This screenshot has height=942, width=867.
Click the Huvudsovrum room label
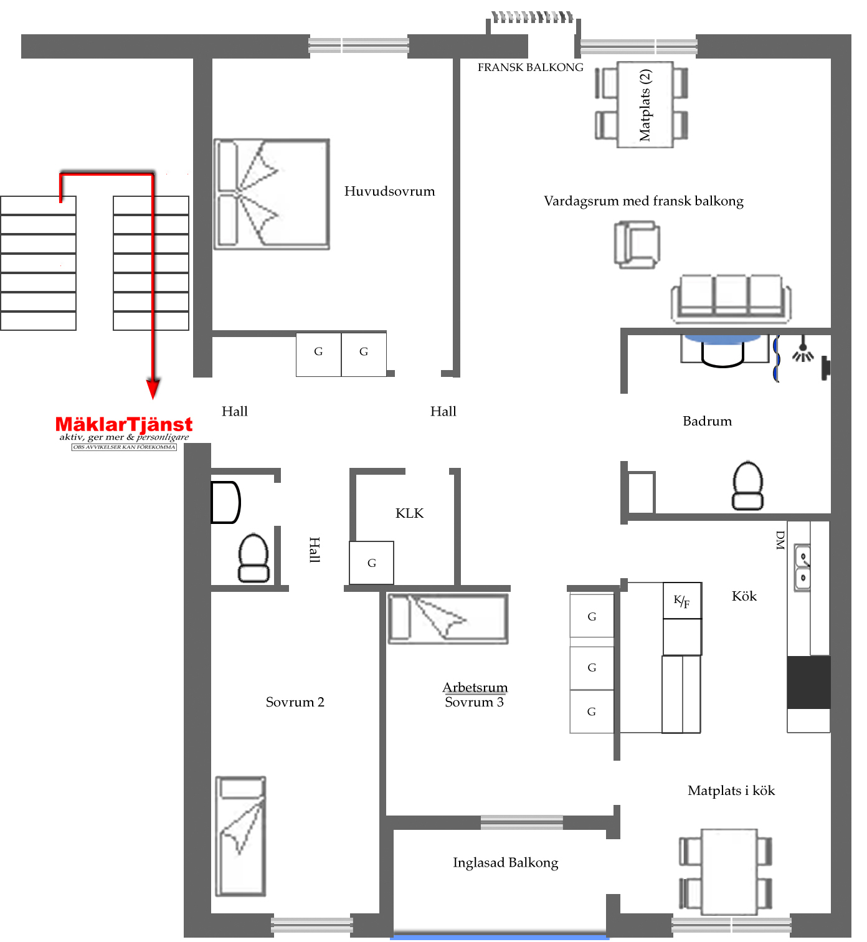389,191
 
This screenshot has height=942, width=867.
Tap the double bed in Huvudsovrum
272,194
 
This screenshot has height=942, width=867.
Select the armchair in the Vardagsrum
637,245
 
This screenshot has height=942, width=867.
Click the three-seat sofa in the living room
731,299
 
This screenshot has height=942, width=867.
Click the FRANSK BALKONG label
530,68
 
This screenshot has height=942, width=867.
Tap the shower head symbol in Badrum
803,350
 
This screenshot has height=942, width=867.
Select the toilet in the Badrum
747,485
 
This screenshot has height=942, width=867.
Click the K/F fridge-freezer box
682,601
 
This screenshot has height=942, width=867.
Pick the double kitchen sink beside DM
802,568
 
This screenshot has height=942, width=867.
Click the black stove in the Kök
808,682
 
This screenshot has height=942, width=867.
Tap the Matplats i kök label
731,791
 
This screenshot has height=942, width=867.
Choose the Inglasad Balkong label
505,863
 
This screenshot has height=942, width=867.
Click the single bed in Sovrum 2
240,836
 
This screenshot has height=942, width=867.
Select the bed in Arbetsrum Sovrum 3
448,619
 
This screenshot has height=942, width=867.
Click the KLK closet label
409,513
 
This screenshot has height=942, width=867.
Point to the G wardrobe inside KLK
371,563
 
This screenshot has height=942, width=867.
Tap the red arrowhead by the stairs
153,388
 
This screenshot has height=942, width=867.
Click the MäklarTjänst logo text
124,424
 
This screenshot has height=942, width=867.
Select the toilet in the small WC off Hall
253,558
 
